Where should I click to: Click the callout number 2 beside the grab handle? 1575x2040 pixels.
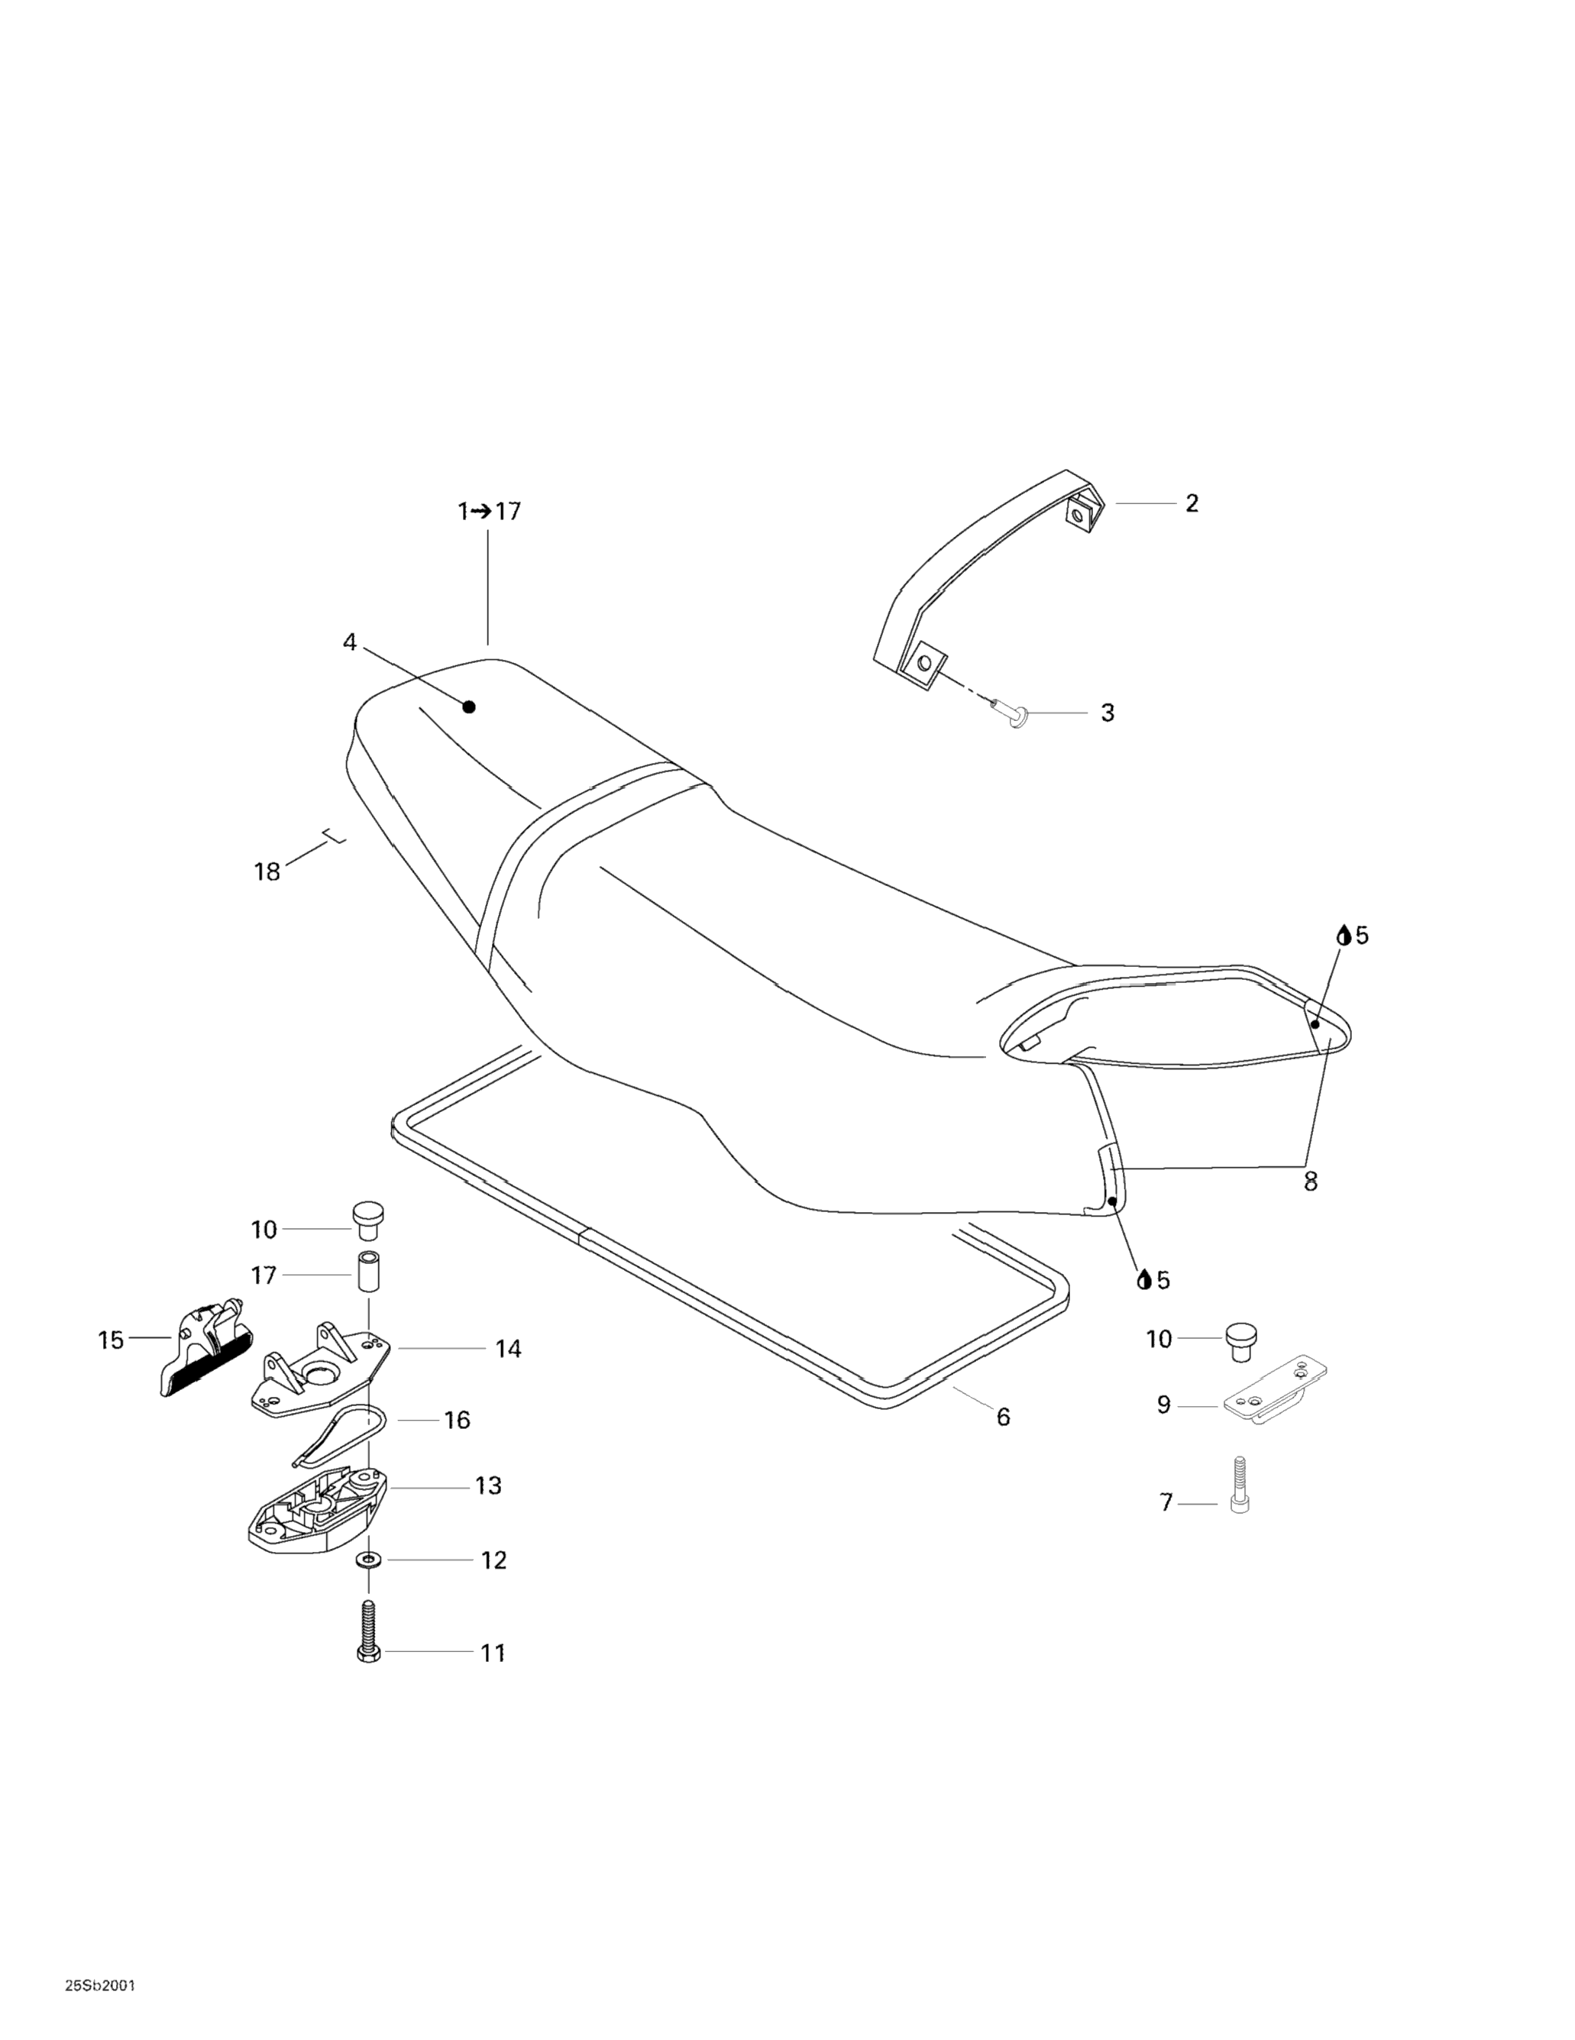coord(1191,503)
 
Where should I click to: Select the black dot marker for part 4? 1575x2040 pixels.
coord(469,707)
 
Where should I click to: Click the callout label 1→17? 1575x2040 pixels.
coord(489,512)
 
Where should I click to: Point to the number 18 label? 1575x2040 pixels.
coord(267,871)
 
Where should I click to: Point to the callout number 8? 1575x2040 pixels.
coord(1310,1182)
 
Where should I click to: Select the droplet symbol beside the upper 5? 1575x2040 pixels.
coord(1344,935)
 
